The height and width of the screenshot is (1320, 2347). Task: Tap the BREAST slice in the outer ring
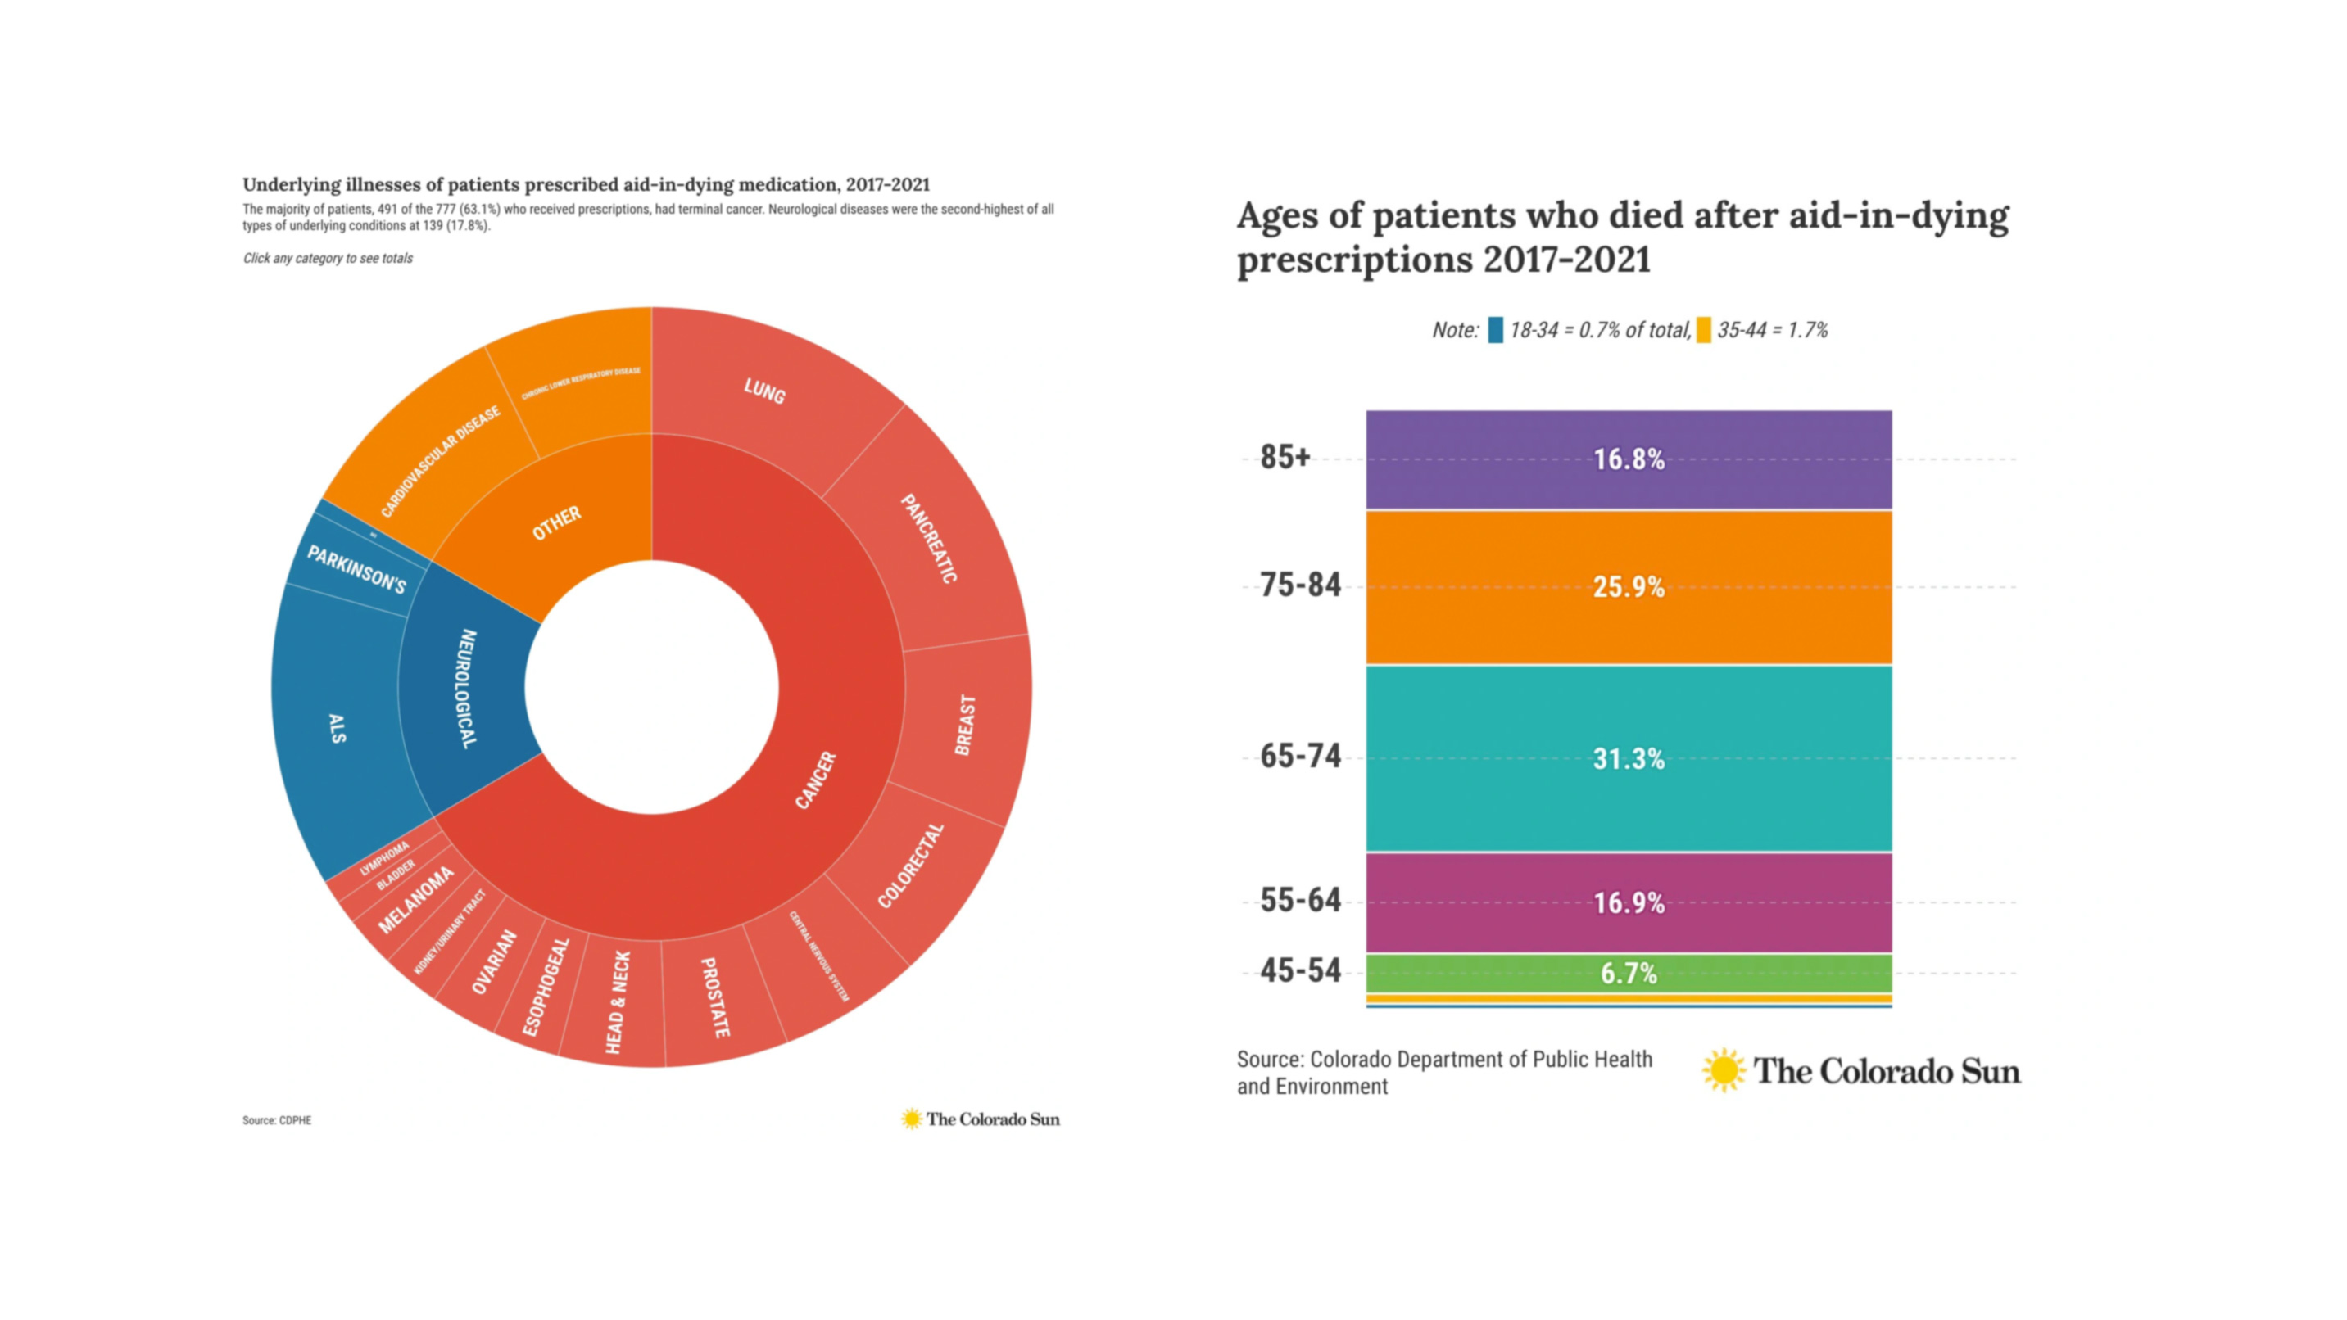(x=966, y=724)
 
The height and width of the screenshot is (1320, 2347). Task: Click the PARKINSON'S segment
(x=356, y=568)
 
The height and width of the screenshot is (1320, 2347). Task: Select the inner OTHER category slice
(x=555, y=523)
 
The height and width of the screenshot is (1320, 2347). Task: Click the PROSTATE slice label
(x=715, y=997)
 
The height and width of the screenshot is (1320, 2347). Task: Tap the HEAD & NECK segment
(x=617, y=1002)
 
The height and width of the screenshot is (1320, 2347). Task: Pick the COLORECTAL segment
(x=911, y=866)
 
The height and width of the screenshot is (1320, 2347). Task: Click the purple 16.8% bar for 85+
(x=1628, y=459)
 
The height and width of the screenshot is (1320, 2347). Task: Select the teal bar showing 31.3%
(x=1628, y=758)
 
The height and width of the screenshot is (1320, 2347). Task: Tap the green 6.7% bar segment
(x=1628, y=973)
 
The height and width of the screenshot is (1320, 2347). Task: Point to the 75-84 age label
(x=1300, y=585)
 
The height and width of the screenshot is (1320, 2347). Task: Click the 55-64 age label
(x=1300, y=901)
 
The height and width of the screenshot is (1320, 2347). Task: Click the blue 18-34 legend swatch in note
(x=1495, y=330)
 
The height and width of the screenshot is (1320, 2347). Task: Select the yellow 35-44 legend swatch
(x=1703, y=330)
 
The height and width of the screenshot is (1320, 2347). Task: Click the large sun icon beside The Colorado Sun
(x=1723, y=1070)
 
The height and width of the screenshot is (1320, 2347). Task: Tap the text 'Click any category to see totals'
(x=327, y=259)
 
